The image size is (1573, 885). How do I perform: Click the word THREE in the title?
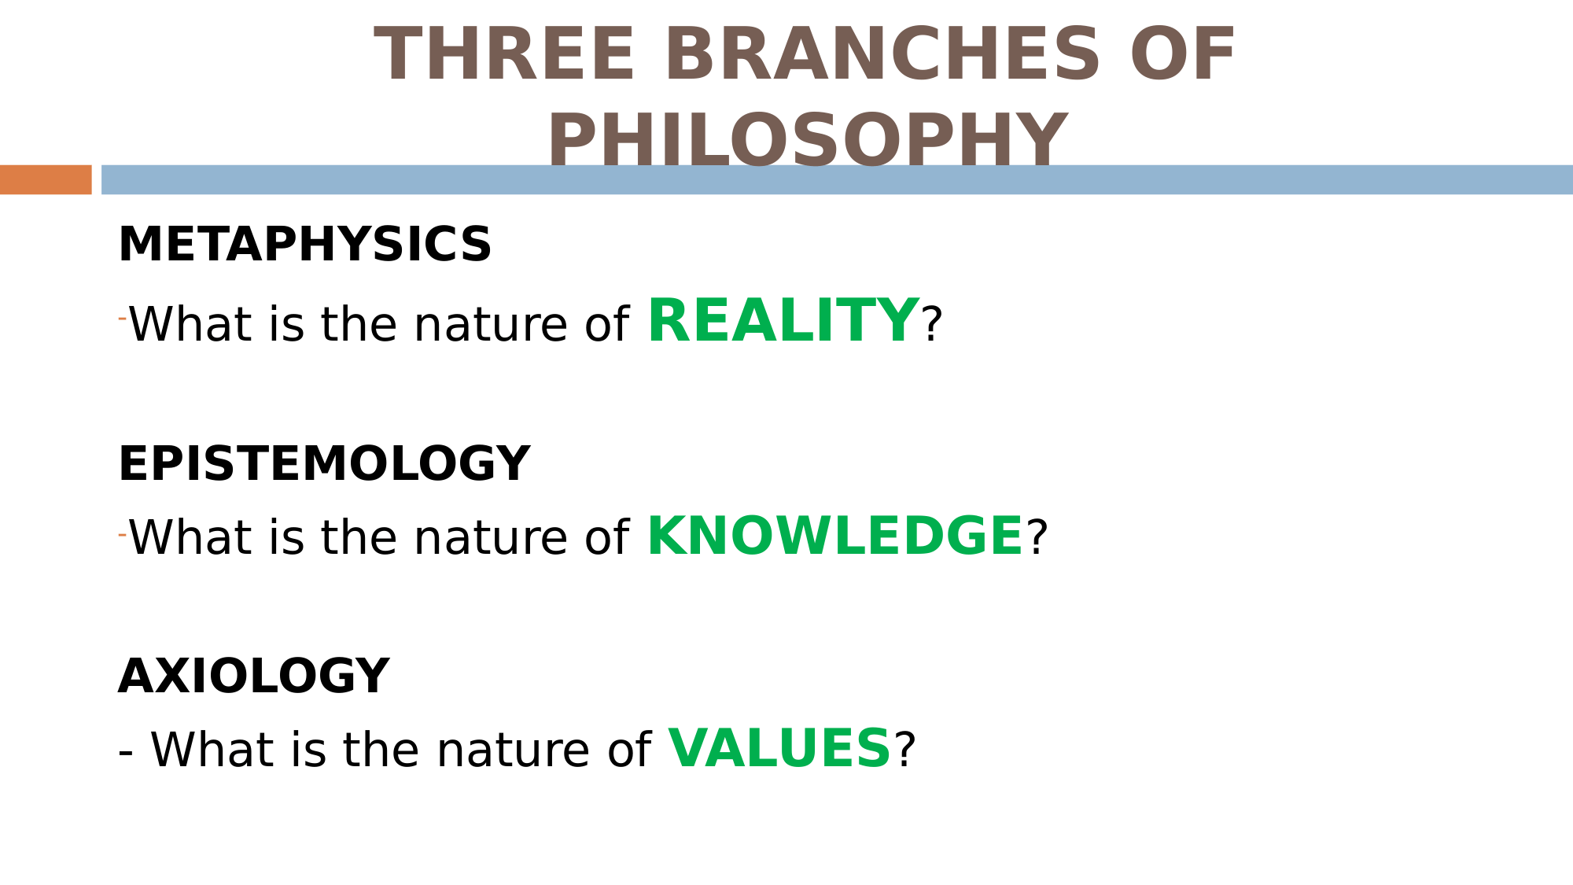[504, 54]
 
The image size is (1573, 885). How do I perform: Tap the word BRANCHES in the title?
[882, 54]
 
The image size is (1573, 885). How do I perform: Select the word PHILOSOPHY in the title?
[808, 139]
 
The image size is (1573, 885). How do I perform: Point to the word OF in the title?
[1183, 54]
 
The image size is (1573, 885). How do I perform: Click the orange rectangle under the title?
[46, 179]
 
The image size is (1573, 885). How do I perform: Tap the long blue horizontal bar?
[837, 179]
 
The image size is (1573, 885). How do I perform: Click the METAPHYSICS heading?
[304, 244]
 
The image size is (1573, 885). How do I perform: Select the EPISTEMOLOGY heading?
[324, 463]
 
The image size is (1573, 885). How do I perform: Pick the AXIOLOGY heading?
[253, 676]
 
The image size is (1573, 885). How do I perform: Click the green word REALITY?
[783, 321]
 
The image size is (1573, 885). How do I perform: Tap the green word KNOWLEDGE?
[835, 536]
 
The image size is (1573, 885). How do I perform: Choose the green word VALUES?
[779, 748]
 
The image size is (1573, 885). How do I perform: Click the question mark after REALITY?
[932, 324]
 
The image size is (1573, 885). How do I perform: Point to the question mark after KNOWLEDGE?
[1037, 538]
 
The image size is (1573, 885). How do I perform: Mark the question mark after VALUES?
[905, 750]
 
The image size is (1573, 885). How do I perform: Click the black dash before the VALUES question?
[126, 754]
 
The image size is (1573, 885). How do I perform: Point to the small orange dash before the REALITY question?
[122, 319]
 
